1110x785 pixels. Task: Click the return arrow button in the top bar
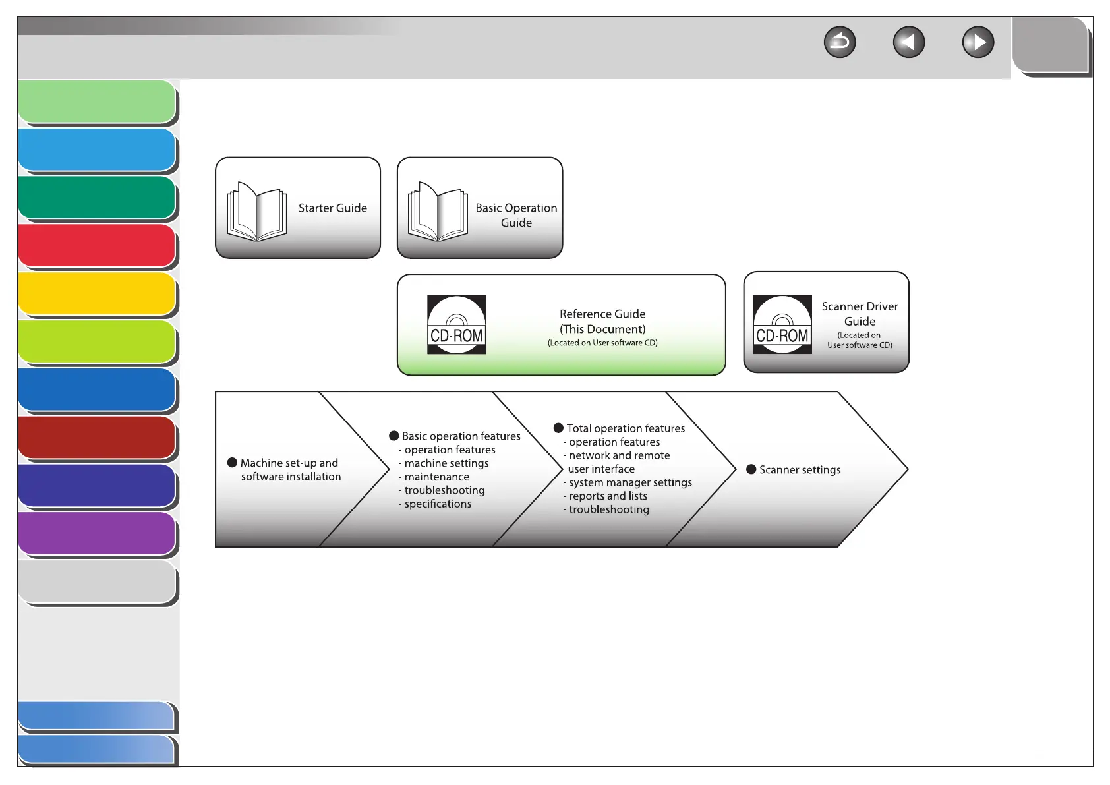[840, 43]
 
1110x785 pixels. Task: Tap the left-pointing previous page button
[909, 43]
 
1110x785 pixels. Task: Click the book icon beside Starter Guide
[257, 211]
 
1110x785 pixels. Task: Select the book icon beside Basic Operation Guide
[438, 211]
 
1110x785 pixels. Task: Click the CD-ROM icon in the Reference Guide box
[457, 325]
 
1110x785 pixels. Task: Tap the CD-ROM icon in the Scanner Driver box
[782, 325]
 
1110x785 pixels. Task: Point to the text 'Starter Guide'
[332, 208]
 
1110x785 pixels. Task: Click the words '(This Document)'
[602, 329]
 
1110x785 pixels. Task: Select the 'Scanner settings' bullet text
[800, 470]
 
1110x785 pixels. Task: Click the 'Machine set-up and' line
[289, 463]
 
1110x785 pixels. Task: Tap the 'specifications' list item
[438, 504]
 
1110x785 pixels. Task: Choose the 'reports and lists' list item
[608, 496]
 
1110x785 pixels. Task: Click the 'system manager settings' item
[630, 482]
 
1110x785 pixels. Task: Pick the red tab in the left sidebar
[97, 246]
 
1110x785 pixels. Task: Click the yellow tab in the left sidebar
[97, 294]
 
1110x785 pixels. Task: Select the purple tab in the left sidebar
[97, 533]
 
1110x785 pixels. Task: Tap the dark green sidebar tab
[97, 198]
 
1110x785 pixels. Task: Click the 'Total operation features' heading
[626, 428]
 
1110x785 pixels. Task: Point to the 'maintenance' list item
[436, 477]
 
